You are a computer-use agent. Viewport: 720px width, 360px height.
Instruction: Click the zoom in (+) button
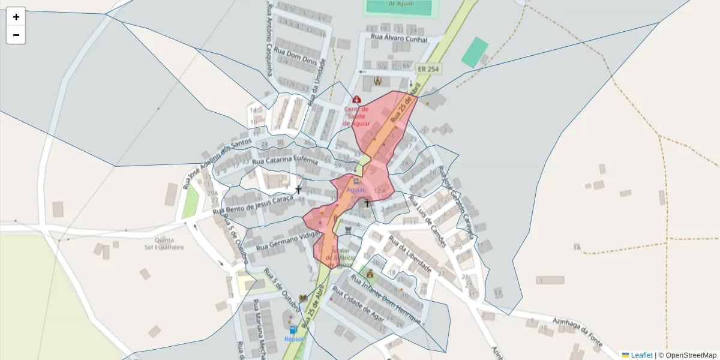16,17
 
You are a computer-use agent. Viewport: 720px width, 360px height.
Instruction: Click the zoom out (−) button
16,35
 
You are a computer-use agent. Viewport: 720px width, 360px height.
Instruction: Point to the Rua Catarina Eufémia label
285,160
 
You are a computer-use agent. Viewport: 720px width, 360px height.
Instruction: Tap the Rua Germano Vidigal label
286,239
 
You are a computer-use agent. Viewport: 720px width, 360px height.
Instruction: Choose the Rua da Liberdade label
410,253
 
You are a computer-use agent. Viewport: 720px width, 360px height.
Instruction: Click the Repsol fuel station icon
293,329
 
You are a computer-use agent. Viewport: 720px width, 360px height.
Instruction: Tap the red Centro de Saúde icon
356,100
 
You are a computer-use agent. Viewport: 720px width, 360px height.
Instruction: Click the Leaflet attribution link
637,355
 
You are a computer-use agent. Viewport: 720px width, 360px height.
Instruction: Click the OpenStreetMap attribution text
687,355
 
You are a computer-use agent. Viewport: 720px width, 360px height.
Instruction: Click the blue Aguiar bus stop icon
356,181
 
